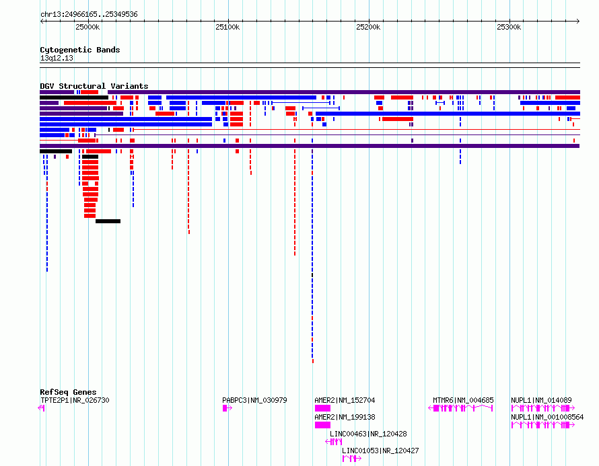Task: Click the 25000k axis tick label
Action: click(87, 27)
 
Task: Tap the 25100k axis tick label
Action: click(227, 27)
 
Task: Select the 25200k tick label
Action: click(368, 27)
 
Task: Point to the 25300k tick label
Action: click(509, 27)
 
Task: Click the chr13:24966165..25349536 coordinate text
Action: click(89, 15)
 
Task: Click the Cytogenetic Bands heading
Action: click(80, 50)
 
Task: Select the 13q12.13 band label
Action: click(57, 58)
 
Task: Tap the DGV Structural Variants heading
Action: click(94, 86)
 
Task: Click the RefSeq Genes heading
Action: click(68, 392)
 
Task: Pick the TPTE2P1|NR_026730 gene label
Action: click(75, 400)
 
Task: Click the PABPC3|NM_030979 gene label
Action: click(254, 400)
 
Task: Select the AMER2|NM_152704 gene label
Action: click(345, 400)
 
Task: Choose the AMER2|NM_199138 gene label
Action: click(345, 417)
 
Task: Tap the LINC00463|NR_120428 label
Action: click(368, 434)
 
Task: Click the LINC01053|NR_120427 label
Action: click(380, 451)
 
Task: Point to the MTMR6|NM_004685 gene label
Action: click(463, 400)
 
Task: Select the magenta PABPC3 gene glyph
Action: click(227, 408)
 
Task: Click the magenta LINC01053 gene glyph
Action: click(352, 459)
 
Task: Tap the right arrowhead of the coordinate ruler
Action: click(578, 22)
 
